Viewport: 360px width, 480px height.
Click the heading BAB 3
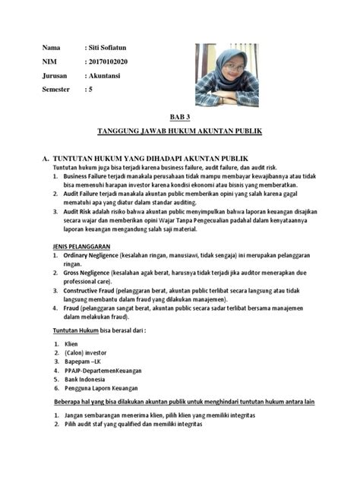coord(180,118)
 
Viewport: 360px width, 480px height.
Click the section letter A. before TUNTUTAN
coord(46,158)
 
